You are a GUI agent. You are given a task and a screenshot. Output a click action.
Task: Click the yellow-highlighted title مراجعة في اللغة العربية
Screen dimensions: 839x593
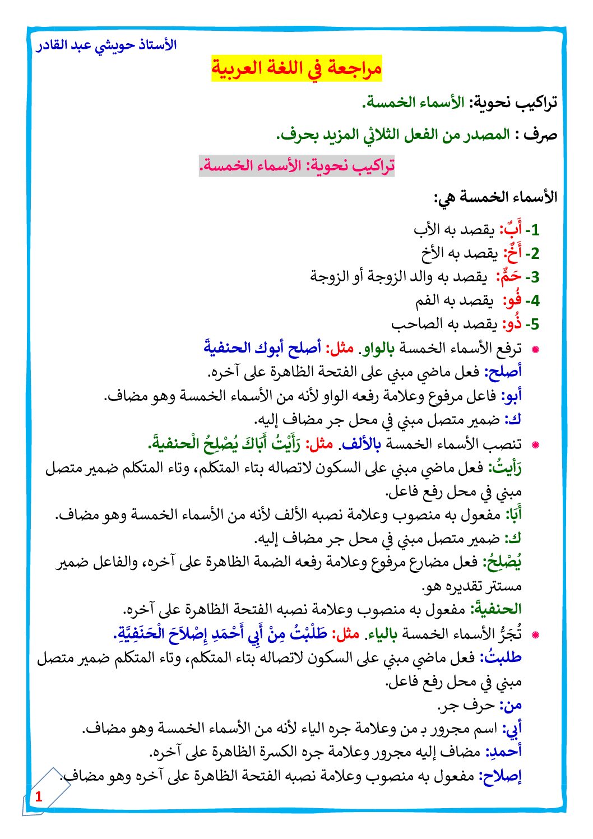click(x=296, y=69)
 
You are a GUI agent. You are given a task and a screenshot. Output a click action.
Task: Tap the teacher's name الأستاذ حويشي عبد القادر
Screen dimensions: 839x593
click(x=106, y=45)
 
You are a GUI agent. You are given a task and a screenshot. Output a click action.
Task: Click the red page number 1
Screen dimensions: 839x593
click(x=39, y=796)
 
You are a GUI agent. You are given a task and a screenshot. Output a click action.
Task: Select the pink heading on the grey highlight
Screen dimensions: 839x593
click(x=297, y=166)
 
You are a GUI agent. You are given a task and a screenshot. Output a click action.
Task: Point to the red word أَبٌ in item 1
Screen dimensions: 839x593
click(x=511, y=229)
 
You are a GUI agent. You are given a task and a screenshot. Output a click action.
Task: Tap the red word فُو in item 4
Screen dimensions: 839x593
click(x=512, y=300)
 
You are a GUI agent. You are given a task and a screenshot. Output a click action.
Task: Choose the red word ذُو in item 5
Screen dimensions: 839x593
click(x=512, y=324)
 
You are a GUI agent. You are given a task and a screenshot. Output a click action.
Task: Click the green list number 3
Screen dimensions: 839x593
click(x=535, y=277)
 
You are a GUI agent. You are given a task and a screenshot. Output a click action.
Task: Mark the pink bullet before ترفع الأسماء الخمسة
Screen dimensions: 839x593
click(x=535, y=349)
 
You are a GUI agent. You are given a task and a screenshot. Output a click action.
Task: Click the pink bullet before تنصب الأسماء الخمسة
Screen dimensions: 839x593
click(x=535, y=445)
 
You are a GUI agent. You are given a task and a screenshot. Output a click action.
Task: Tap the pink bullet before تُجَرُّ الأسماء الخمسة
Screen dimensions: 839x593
click(x=535, y=635)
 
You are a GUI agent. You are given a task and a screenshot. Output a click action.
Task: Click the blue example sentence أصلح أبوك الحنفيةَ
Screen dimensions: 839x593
click(x=262, y=348)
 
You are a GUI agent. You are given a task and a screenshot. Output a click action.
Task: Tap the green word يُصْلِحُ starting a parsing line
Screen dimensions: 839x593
click(x=503, y=562)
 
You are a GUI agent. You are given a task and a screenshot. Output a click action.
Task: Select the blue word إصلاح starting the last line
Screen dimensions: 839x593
click(x=501, y=776)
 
